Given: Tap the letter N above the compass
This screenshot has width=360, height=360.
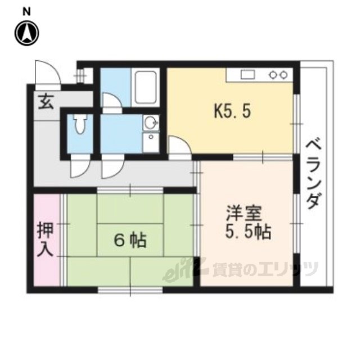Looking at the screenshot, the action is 26,12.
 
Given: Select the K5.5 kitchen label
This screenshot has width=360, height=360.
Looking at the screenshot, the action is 232,111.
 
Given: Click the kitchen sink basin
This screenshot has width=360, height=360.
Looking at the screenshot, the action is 247,75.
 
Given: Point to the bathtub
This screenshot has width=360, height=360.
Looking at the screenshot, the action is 146,87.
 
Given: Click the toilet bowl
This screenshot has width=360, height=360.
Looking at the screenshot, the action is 80,124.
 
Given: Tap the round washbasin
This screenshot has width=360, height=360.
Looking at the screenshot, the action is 151,123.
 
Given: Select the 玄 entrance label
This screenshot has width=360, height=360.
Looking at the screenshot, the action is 46,101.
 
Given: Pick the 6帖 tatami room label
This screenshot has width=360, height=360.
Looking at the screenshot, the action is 130,240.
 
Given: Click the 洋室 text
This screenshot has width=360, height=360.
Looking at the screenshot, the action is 244,213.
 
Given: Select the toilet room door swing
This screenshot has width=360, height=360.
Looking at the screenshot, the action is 80,166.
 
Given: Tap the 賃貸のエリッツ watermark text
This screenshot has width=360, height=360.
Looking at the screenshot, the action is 265,269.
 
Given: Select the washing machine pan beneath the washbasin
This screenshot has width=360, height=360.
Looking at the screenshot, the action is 151,142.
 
